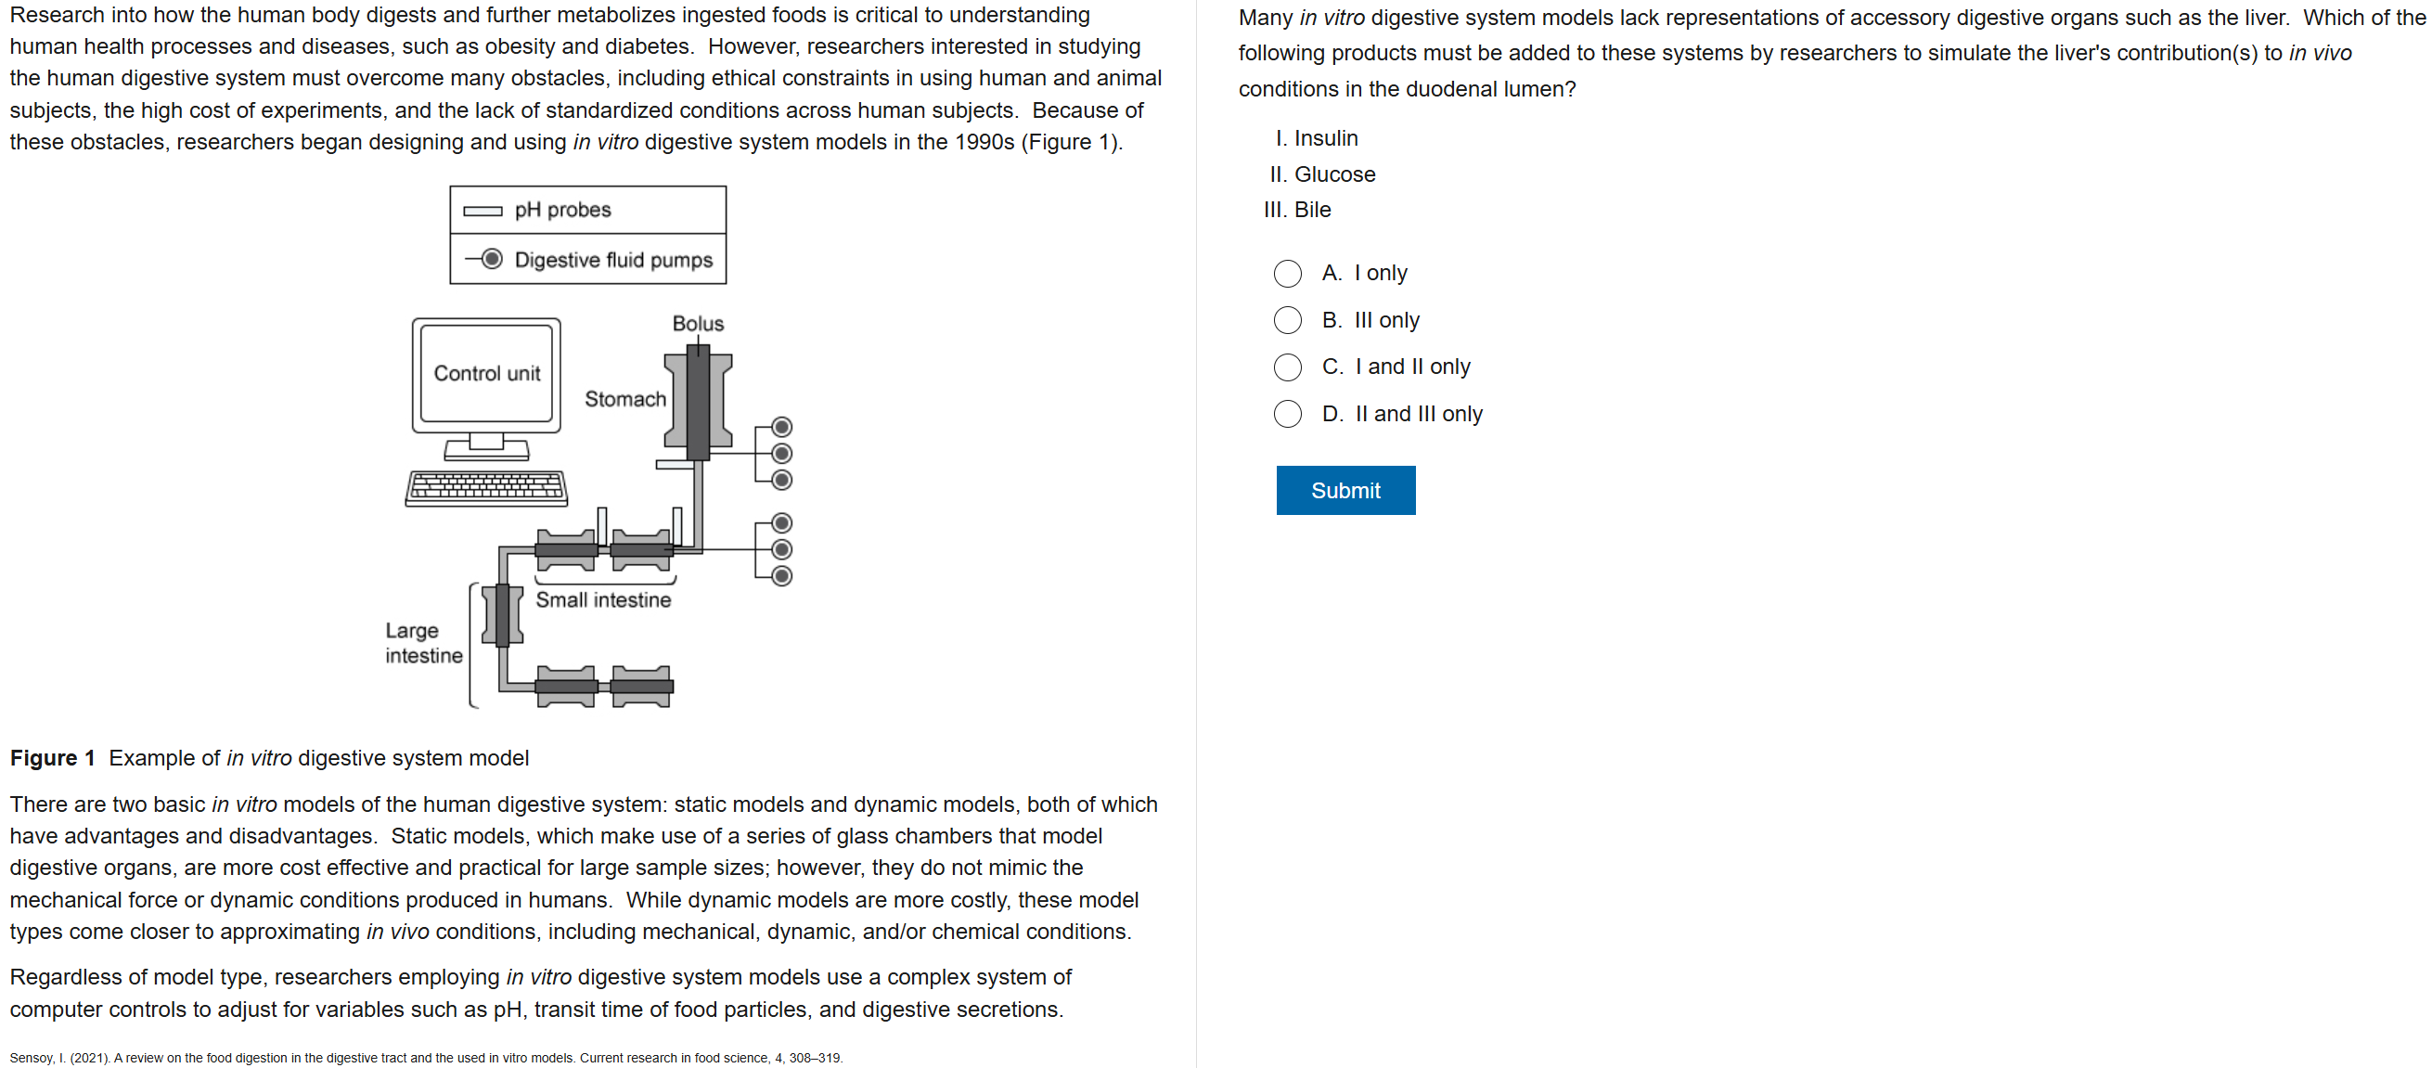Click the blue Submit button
(1345, 490)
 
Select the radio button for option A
(1287, 274)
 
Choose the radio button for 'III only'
(1287, 320)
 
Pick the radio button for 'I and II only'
(1287, 367)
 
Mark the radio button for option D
(1287, 414)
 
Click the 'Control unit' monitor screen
(486, 373)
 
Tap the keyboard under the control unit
(486, 487)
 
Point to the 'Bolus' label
(698, 323)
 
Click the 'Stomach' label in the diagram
(625, 398)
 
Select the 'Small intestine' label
(603, 599)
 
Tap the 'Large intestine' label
(422, 643)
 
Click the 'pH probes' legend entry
(562, 210)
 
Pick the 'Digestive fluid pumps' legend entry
(612, 260)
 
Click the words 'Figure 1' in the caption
(53, 757)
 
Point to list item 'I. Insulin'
(1316, 138)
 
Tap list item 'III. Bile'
(1297, 210)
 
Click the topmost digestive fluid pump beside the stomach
(781, 427)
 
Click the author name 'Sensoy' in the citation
(32, 1058)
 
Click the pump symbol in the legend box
(492, 259)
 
